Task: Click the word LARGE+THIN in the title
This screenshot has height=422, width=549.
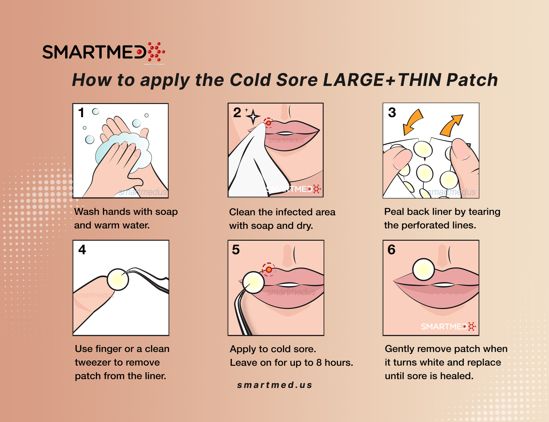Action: pyautogui.click(x=382, y=80)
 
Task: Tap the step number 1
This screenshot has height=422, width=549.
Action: pyautogui.click(x=81, y=113)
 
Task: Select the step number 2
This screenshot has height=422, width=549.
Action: pyautogui.click(x=237, y=113)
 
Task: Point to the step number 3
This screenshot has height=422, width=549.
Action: pyautogui.click(x=392, y=113)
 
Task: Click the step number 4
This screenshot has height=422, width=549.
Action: pyautogui.click(x=82, y=250)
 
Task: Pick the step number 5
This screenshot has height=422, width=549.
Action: pyautogui.click(x=236, y=250)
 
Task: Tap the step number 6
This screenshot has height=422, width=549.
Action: pyautogui.click(x=391, y=250)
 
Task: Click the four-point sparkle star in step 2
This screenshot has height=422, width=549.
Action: pyautogui.click(x=253, y=117)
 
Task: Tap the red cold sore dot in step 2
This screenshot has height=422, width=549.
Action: pyautogui.click(x=269, y=123)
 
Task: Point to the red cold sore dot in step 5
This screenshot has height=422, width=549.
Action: pyautogui.click(x=269, y=270)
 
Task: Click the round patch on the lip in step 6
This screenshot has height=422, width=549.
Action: pyautogui.click(x=423, y=270)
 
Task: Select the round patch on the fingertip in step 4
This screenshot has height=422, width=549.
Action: pyautogui.click(x=118, y=279)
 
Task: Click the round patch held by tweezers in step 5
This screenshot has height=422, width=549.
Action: pyautogui.click(x=253, y=282)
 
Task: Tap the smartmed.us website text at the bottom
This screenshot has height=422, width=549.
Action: pyautogui.click(x=274, y=385)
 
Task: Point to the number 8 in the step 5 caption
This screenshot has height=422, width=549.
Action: pyautogui.click(x=319, y=363)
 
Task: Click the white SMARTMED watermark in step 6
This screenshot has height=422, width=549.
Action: pyautogui.click(x=448, y=327)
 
